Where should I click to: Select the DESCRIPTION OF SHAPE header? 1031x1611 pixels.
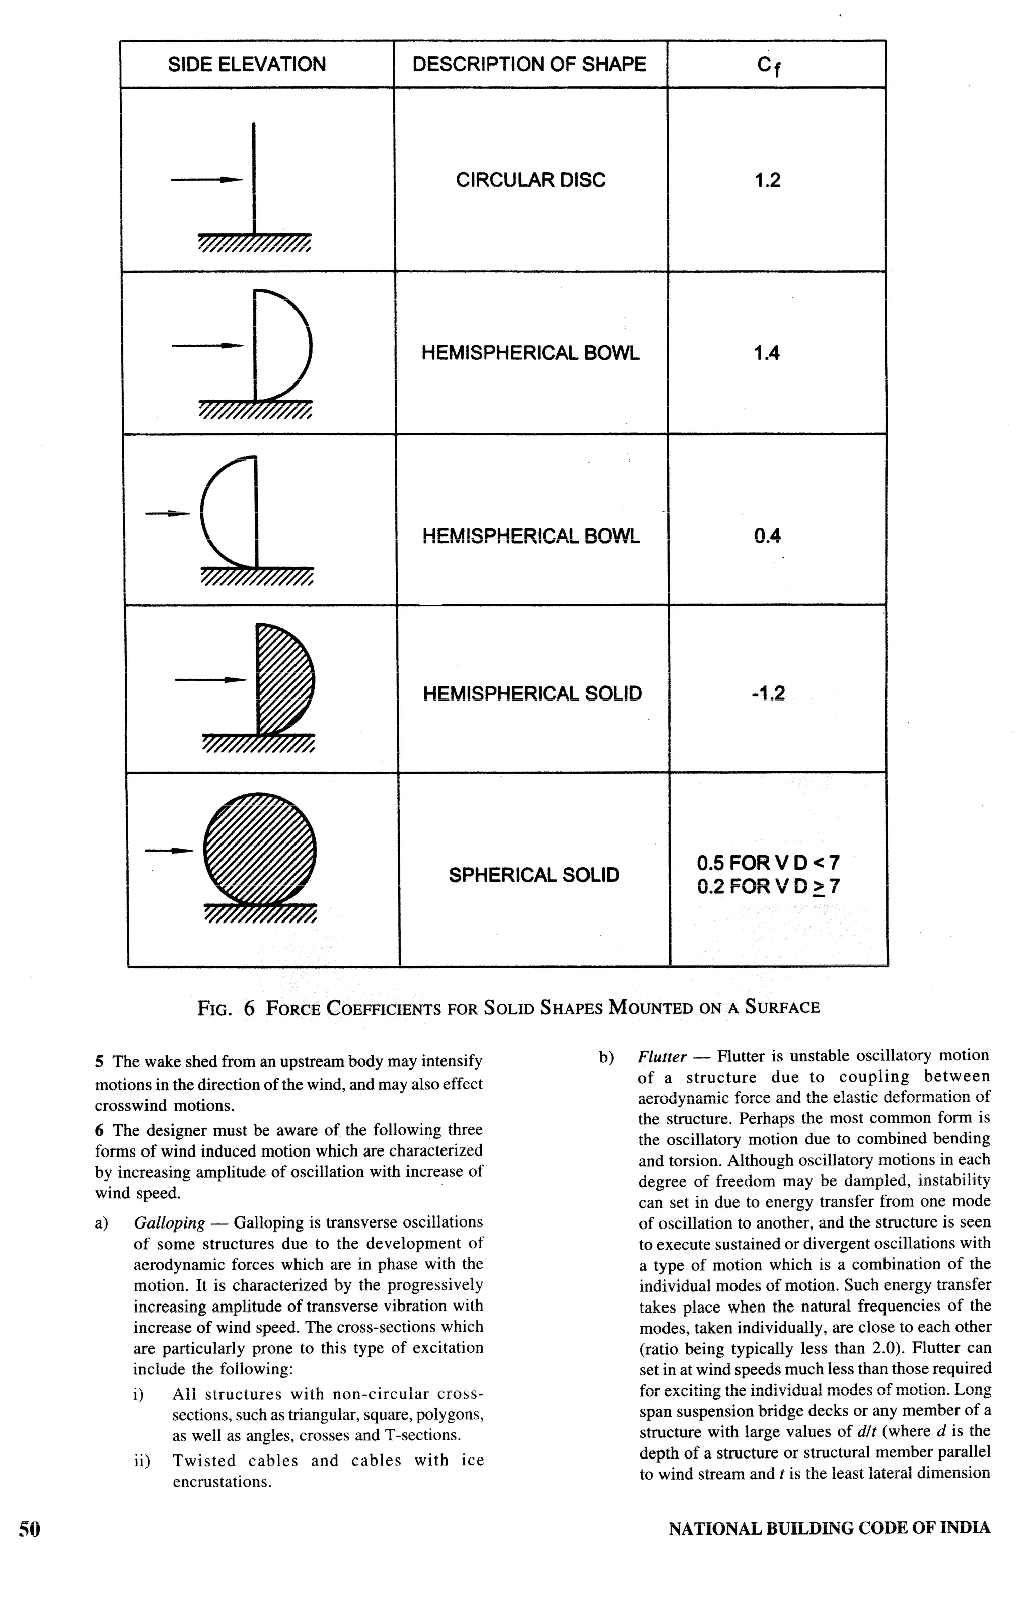pos(529,65)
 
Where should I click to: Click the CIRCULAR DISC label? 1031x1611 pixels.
pos(530,180)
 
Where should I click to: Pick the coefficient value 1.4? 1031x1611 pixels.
pos(767,353)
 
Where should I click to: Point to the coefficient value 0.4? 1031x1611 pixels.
pos(767,536)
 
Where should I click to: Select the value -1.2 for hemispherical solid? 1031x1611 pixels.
pos(767,694)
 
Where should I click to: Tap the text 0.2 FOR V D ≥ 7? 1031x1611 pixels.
pos(768,887)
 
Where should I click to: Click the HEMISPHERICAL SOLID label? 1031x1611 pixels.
pos(532,694)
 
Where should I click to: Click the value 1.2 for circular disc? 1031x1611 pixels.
pos(767,180)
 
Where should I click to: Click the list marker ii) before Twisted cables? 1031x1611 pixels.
pos(142,1461)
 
